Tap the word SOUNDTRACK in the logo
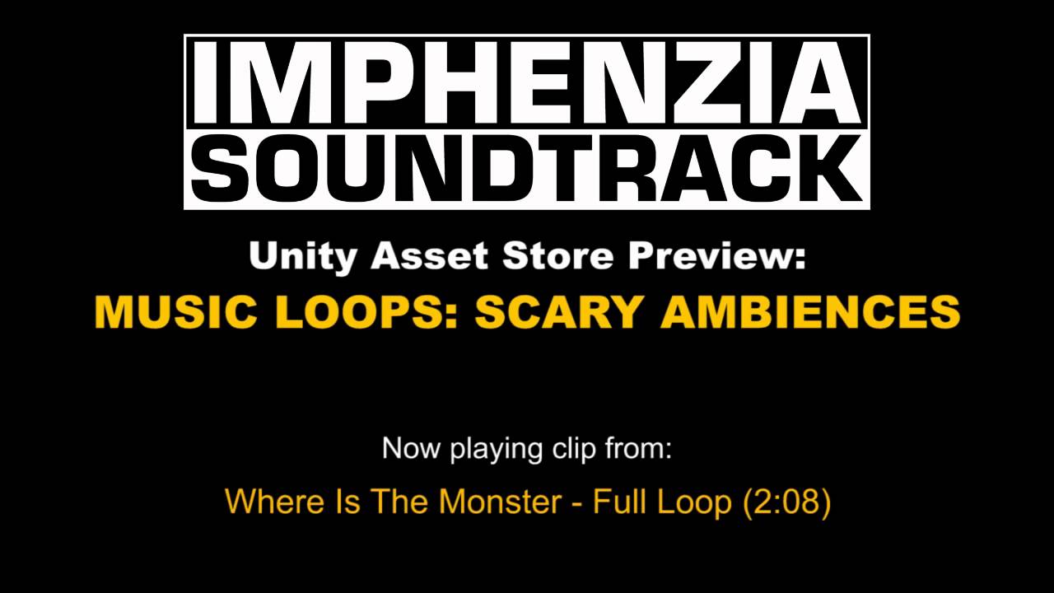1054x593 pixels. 527,169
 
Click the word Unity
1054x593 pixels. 302,257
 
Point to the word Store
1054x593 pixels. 557,257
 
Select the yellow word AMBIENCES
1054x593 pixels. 811,312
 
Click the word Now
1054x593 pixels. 413,449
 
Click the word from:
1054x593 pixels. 639,449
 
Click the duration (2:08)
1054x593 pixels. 786,502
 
